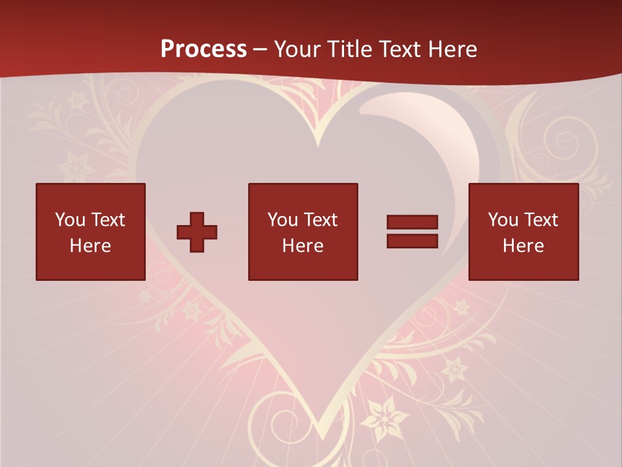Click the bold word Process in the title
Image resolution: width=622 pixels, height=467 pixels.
pyautogui.click(x=203, y=49)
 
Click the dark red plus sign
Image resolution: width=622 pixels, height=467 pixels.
pyautogui.click(x=197, y=232)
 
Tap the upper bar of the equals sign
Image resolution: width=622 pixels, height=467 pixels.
pyautogui.click(x=412, y=222)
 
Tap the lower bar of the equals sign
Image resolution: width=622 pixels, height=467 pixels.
pyautogui.click(x=412, y=241)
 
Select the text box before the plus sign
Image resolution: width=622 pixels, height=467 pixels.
pyautogui.click(x=91, y=232)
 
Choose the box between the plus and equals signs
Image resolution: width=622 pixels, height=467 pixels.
pyautogui.click(x=303, y=232)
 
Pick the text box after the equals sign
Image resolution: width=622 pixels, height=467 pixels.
pyautogui.click(x=523, y=232)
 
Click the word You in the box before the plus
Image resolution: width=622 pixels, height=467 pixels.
pyautogui.click(x=70, y=220)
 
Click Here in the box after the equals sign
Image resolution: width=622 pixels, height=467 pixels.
pyautogui.click(x=523, y=246)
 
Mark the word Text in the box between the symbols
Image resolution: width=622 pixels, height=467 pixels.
pyautogui.click(x=321, y=220)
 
